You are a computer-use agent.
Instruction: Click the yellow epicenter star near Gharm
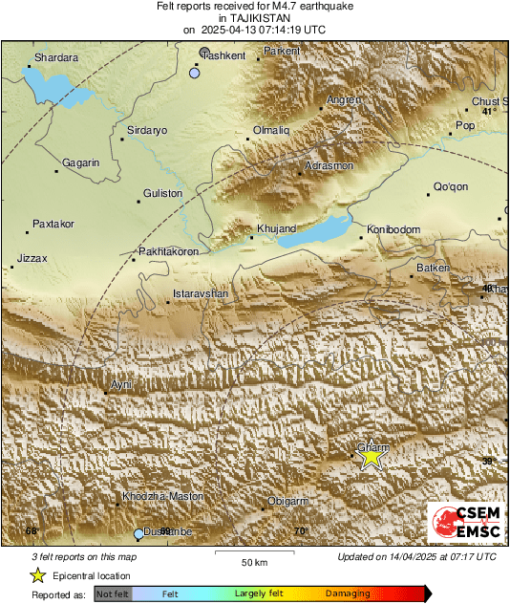[371, 458]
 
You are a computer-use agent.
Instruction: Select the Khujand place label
[277, 228]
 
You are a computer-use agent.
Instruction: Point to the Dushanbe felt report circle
[139, 533]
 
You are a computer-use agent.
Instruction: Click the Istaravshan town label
[201, 293]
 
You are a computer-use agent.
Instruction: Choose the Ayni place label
[121, 384]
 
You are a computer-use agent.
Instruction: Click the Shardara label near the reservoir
[55, 59]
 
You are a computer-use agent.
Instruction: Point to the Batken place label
[433, 269]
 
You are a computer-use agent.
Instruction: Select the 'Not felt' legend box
[113, 594]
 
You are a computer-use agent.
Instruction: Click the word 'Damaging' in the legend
[348, 594]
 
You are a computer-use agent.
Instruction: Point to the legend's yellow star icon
[37, 575]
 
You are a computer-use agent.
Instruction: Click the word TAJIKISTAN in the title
[254, 17]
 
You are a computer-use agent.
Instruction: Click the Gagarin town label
[81, 163]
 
